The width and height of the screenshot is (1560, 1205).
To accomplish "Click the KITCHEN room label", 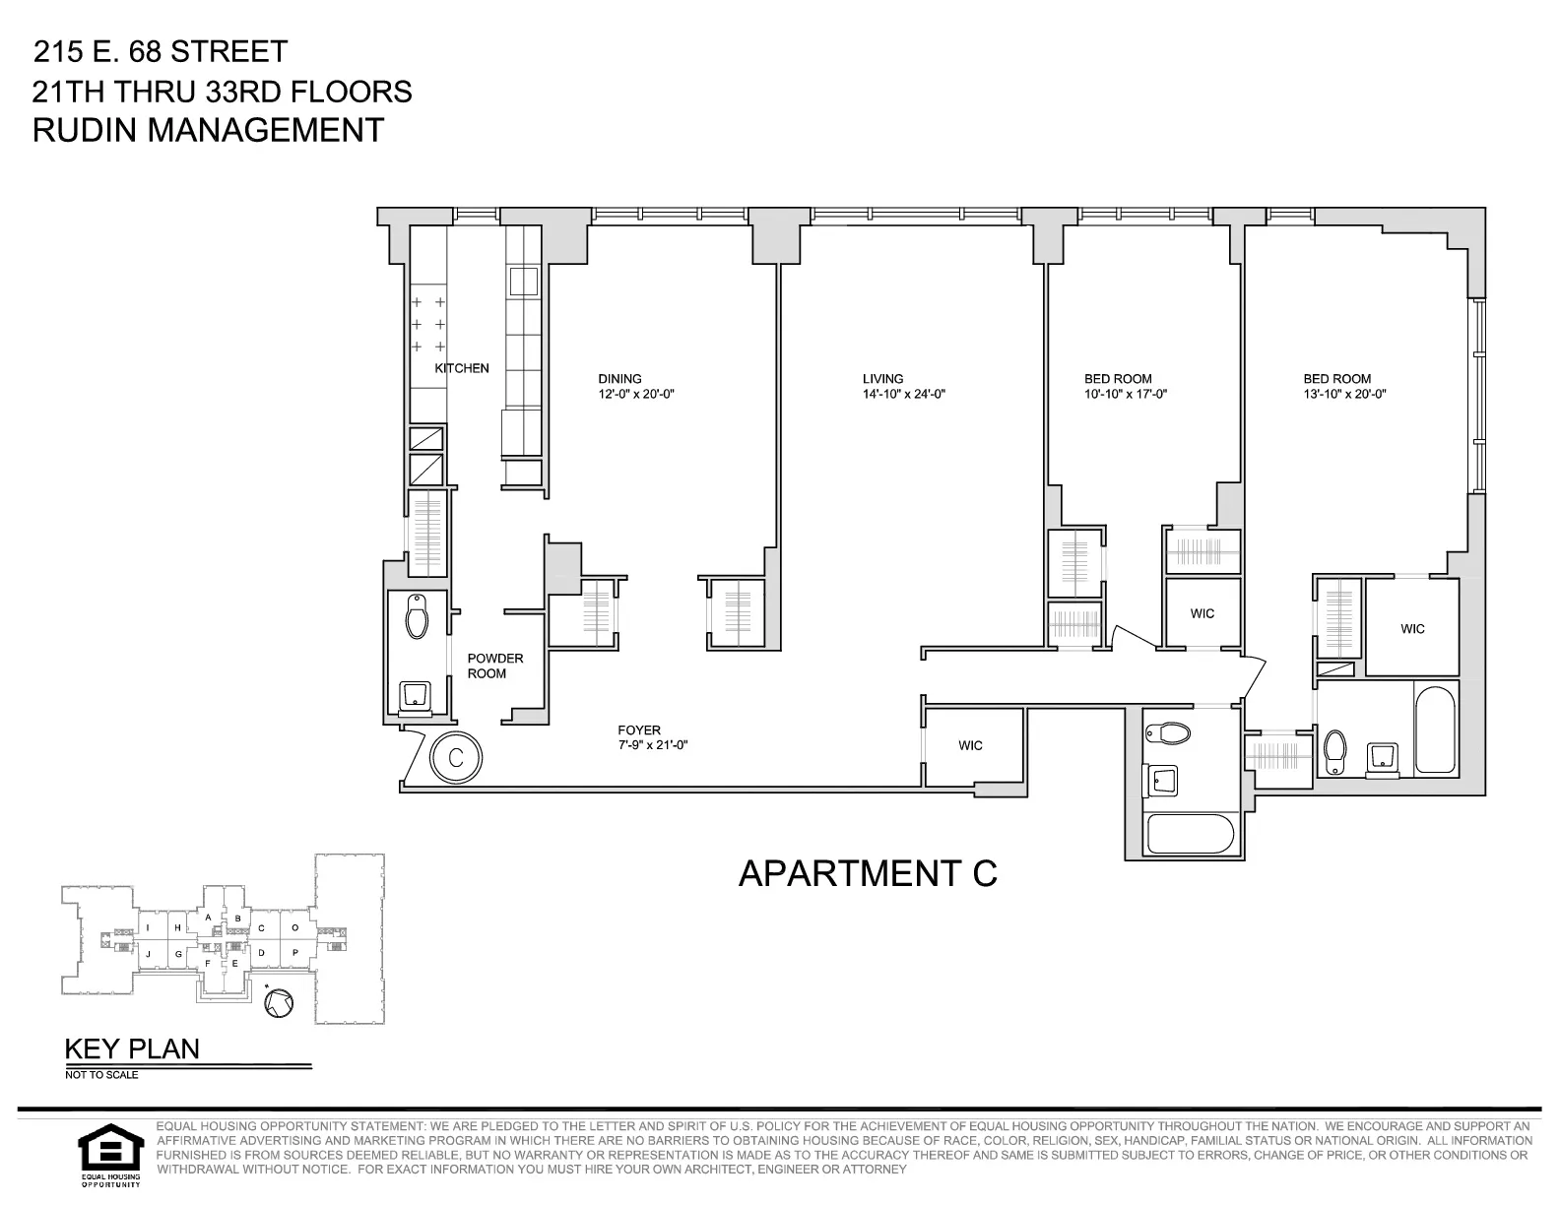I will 462,368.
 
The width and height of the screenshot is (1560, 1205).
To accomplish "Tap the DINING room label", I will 619,379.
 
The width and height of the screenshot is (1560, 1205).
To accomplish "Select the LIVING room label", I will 882,379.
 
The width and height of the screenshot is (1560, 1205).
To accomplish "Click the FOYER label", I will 639,729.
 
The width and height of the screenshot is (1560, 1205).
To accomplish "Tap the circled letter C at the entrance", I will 456,757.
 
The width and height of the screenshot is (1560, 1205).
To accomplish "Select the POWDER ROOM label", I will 494,666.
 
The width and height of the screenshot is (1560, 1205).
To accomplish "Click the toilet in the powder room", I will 418,618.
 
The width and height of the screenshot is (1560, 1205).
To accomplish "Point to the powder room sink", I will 414,695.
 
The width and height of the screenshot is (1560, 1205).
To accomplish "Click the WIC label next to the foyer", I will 970,745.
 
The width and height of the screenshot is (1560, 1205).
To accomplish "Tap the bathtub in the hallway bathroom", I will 1190,835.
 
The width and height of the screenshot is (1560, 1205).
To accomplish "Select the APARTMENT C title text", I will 868,873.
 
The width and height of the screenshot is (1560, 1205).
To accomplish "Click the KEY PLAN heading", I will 132,1049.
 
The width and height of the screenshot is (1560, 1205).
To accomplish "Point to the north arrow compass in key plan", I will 279,1003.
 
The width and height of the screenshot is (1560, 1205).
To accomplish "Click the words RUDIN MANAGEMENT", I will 208,131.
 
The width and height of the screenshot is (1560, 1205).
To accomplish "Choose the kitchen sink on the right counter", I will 523,282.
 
